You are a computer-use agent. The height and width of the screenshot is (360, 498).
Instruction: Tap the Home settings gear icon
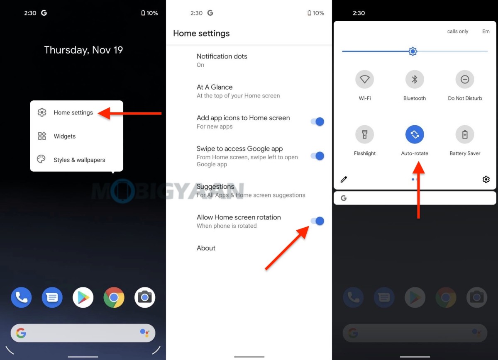(42, 112)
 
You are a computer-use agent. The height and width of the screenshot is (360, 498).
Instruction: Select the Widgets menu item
(64, 136)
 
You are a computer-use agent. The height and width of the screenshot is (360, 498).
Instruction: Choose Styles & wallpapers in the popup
(79, 160)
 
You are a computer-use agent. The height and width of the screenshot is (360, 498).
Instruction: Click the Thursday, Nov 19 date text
(83, 50)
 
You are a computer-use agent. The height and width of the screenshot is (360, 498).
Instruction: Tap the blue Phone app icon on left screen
(21, 297)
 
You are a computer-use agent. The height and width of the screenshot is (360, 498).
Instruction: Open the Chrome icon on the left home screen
(114, 297)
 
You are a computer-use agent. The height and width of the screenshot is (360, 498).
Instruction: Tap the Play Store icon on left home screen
(83, 297)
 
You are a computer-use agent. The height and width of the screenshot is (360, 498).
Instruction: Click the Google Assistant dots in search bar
(144, 333)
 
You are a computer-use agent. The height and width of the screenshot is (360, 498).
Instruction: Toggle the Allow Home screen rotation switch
(317, 221)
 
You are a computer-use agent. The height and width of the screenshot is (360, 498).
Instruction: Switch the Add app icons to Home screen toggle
(317, 122)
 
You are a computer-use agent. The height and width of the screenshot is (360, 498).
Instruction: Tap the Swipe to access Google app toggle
(317, 156)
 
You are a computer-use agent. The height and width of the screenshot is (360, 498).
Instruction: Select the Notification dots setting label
(222, 56)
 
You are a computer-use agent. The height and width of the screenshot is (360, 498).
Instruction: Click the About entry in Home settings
(206, 248)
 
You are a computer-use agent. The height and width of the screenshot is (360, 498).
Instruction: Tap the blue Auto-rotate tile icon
(415, 134)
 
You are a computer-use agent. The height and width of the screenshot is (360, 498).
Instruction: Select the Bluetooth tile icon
(415, 79)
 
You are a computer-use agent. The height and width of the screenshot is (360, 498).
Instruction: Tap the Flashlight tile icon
(365, 134)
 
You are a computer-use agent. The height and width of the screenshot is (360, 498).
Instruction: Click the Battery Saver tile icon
(465, 134)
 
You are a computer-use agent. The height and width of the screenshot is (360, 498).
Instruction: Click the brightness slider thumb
(413, 51)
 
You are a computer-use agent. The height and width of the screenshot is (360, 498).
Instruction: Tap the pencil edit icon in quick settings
(344, 180)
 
